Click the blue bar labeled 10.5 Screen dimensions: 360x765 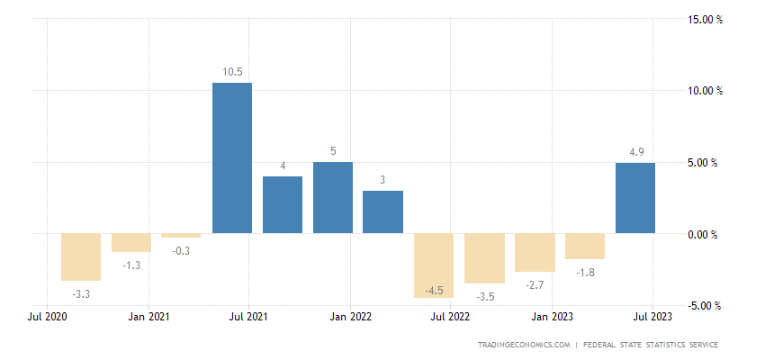coord(232,157)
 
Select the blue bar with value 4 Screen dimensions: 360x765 coord(283,205)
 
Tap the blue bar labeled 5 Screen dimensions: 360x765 coord(333,198)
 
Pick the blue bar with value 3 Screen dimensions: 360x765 coord(382,212)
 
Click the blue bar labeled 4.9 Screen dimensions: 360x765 coord(634,198)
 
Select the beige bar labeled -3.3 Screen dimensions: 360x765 coord(81,257)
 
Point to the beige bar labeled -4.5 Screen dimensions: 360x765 coord(434,265)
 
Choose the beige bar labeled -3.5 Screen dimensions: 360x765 coord(483,258)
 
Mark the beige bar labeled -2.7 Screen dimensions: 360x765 coord(534,253)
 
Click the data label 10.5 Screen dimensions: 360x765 coord(232,72)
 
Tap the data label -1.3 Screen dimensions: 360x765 coord(131,265)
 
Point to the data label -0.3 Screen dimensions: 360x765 coord(182,251)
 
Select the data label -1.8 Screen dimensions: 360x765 coord(584,273)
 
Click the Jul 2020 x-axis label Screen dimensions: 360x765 coord(48,317)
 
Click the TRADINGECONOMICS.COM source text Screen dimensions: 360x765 coord(525,345)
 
